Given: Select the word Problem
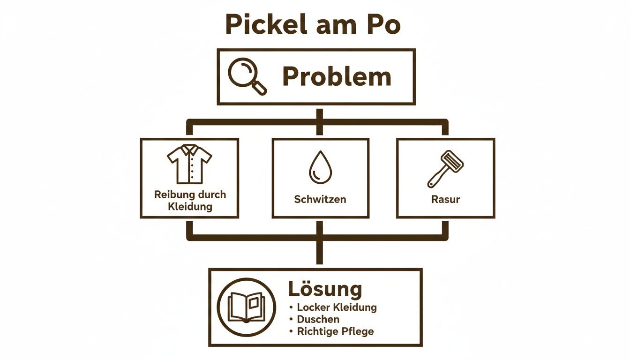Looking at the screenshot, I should pyautogui.click(x=337, y=77).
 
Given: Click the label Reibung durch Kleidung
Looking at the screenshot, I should pyautogui.click(x=189, y=200).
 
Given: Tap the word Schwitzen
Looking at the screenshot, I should pyautogui.click(x=320, y=199).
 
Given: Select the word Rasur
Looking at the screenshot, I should pyautogui.click(x=445, y=199).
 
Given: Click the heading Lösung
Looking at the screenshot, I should pyautogui.click(x=325, y=289).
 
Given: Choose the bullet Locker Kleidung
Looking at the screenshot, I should pyautogui.click(x=337, y=307).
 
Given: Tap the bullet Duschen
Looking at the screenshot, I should pyautogui.click(x=318, y=319).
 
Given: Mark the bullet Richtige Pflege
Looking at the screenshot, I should pyautogui.click(x=335, y=331).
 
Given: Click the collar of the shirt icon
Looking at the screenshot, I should pyautogui.click(x=189, y=150).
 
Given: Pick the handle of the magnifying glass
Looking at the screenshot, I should pyautogui.click(x=259, y=88).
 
